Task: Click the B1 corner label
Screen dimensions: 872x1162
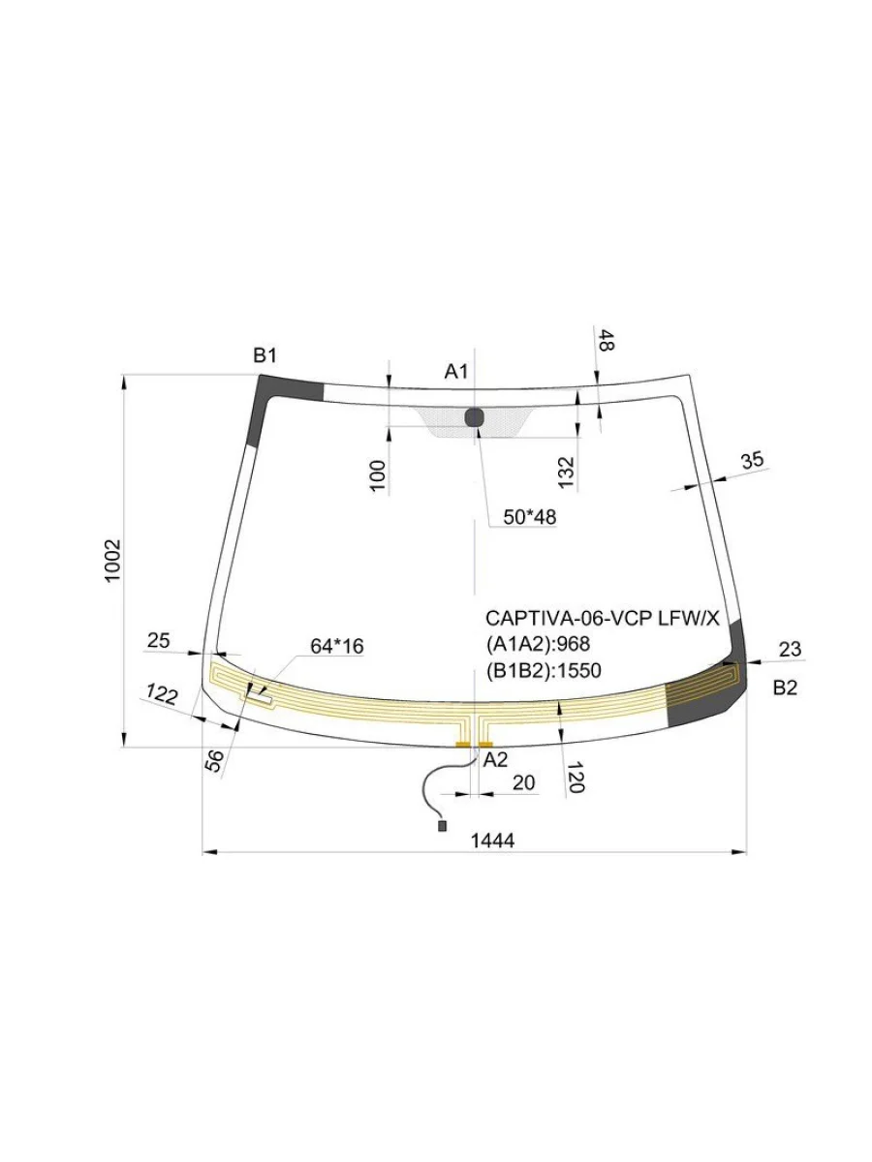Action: pyautogui.click(x=265, y=355)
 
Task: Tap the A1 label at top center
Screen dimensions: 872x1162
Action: pyautogui.click(x=455, y=372)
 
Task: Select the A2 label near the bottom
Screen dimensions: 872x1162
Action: pyautogui.click(x=495, y=760)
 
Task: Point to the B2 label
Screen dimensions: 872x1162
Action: pyautogui.click(x=785, y=688)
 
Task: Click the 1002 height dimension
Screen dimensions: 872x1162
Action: pyautogui.click(x=112, y=561)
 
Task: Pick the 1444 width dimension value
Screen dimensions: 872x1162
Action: pyautogui.click(x=492, y=841)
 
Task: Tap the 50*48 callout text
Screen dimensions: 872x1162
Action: pyautogui.click(x=529, y=517)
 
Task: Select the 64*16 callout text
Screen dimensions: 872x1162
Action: pyautogui.click(x=337, y=647)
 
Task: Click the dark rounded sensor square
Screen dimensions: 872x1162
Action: pyautogui.click(x=475, y=418)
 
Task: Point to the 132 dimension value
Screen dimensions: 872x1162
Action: pyautogui.click(x=566, y=473)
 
